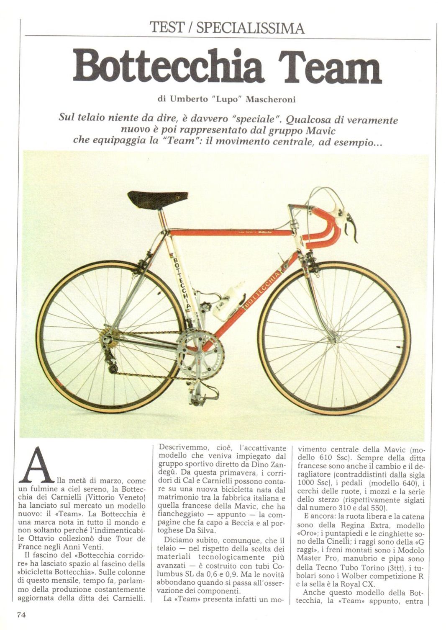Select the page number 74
22,615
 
